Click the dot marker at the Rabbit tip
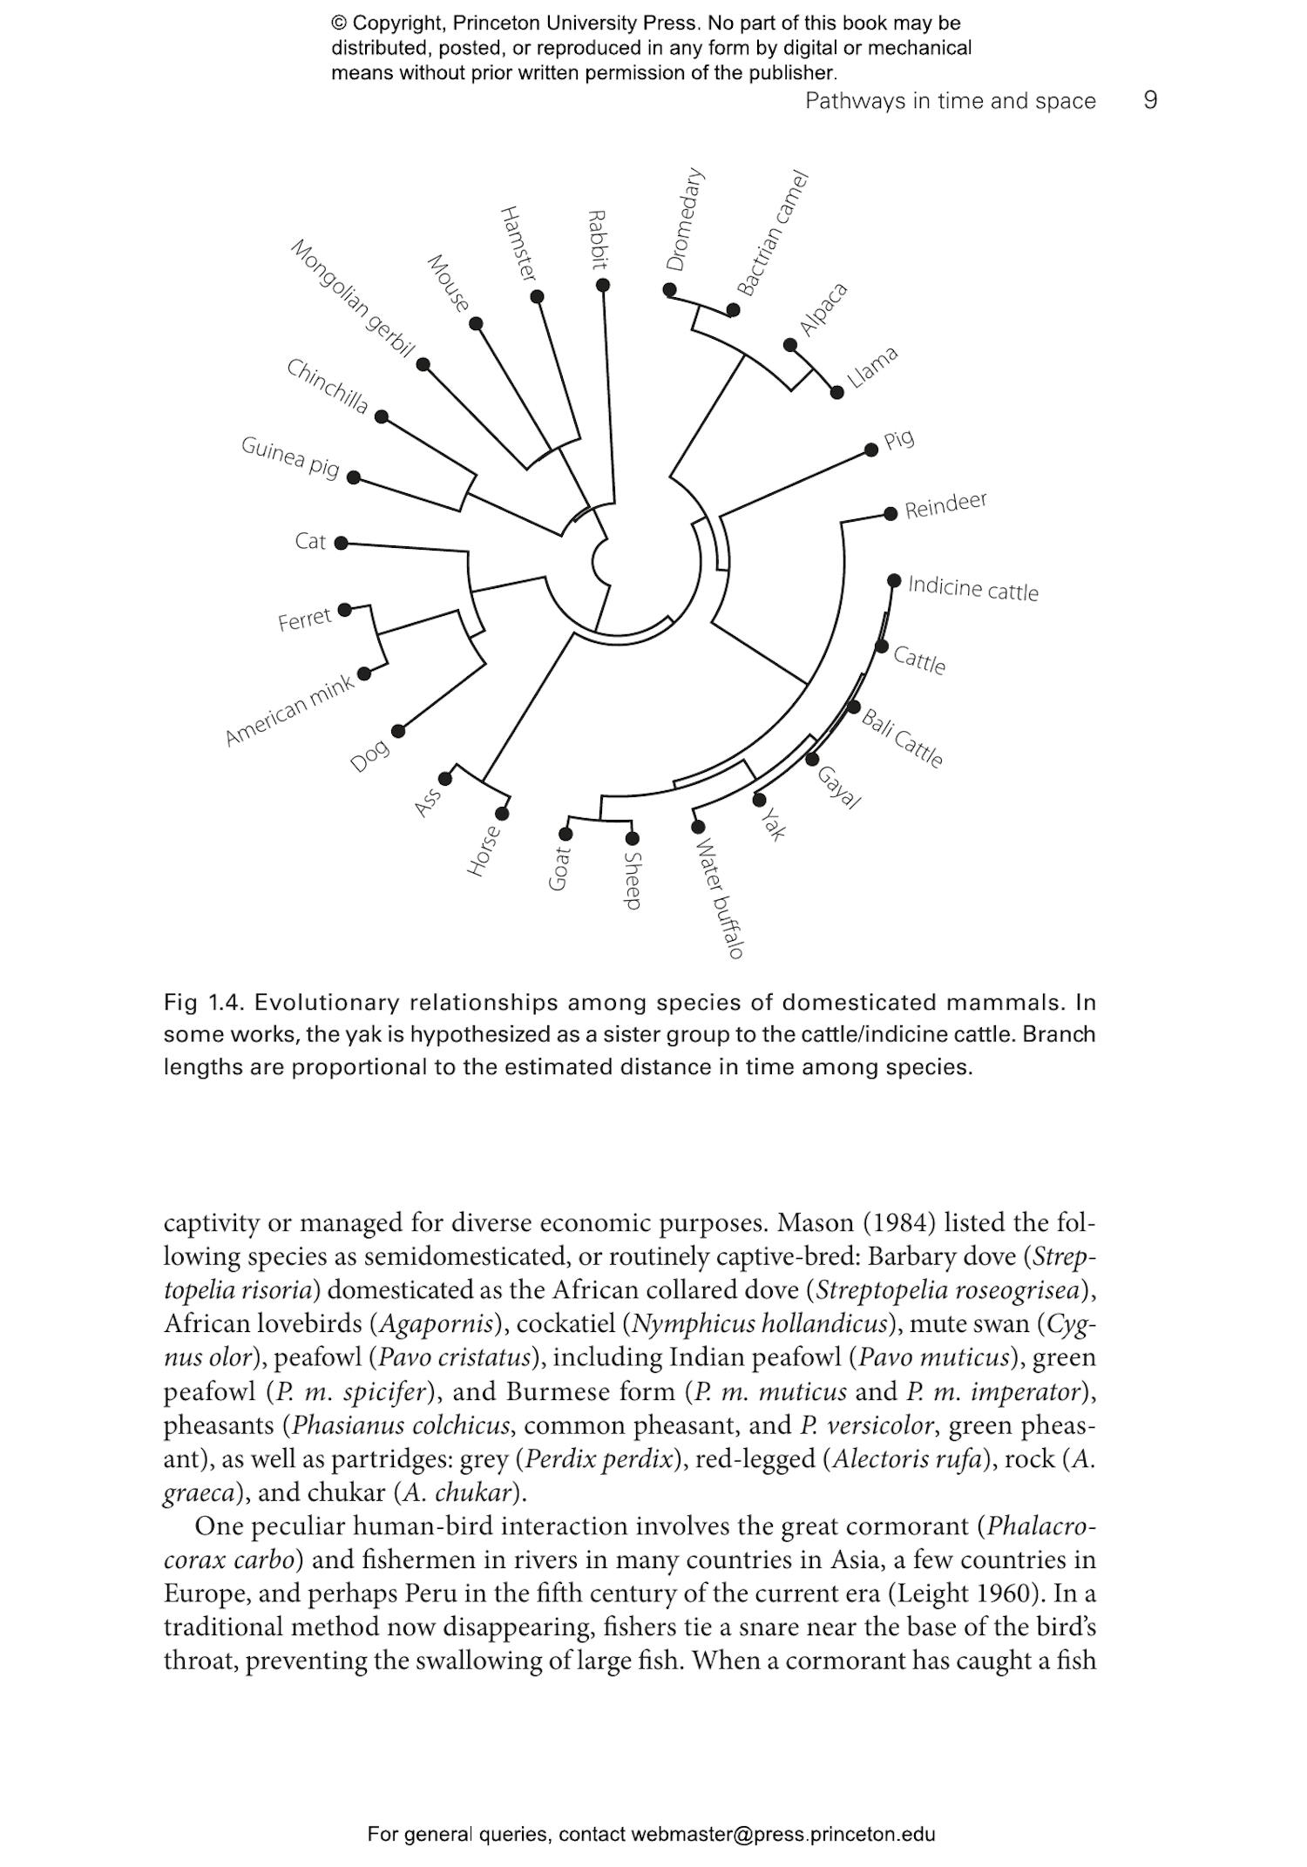click(x=603, y=285)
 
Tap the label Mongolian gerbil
click(x=351, y=298)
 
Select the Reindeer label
click(x=945, y=504)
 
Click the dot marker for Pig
click(x=871, y=450)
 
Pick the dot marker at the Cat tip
click(x=342, y=543)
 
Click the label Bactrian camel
click(x=773, y=233)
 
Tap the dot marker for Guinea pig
click(x=354, y=477)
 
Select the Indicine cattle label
click(x=973, y=588)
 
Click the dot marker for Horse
click(x=502, y=814)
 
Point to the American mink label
click(x=289, y=709)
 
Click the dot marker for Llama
click(x=837, y=392)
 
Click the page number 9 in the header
click(x=1150, y=100)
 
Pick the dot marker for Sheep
click(x=633, y=838)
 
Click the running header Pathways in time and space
click(x=950, y=101)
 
